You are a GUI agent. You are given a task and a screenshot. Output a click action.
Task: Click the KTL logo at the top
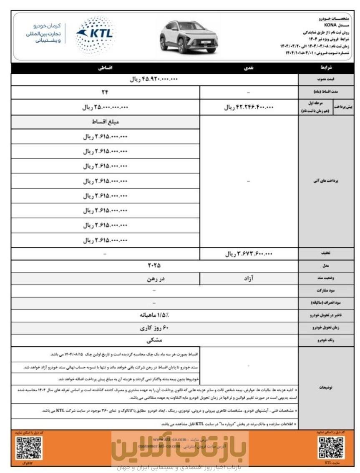[x=95, y=35]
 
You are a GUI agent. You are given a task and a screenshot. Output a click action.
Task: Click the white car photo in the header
[x=188, y=37]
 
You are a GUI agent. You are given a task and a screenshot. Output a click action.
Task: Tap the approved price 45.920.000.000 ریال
[x=154, y=79]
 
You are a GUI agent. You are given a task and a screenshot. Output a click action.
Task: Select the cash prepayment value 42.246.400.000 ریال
[x=249, y=107]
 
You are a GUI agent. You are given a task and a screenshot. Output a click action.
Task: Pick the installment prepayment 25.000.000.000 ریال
[x=105, y=107]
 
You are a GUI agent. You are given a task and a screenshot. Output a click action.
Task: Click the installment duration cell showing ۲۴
[x=105, y=92]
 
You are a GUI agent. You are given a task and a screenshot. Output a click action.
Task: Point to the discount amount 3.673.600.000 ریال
[x=249, y=253]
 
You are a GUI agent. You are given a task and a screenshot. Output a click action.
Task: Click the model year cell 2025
[x=154, y=265]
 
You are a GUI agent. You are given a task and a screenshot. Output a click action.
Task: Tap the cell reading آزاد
[x=249, y=278]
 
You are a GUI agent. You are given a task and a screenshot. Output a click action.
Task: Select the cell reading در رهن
[x=105, y=278]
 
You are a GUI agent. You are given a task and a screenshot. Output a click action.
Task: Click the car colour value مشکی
[x=154, y=340]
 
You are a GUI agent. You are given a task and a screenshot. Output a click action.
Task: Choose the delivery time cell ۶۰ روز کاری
[x=154, y=328]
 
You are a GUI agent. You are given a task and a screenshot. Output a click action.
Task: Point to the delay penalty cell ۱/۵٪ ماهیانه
[x=154, y=315]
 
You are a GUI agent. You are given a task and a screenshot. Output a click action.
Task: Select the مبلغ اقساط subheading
[x=105, y=123]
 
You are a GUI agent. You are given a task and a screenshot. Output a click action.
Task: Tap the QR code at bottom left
[x=29, y=448]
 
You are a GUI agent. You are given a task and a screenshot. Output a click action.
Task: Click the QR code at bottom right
[x=331, y=448]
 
